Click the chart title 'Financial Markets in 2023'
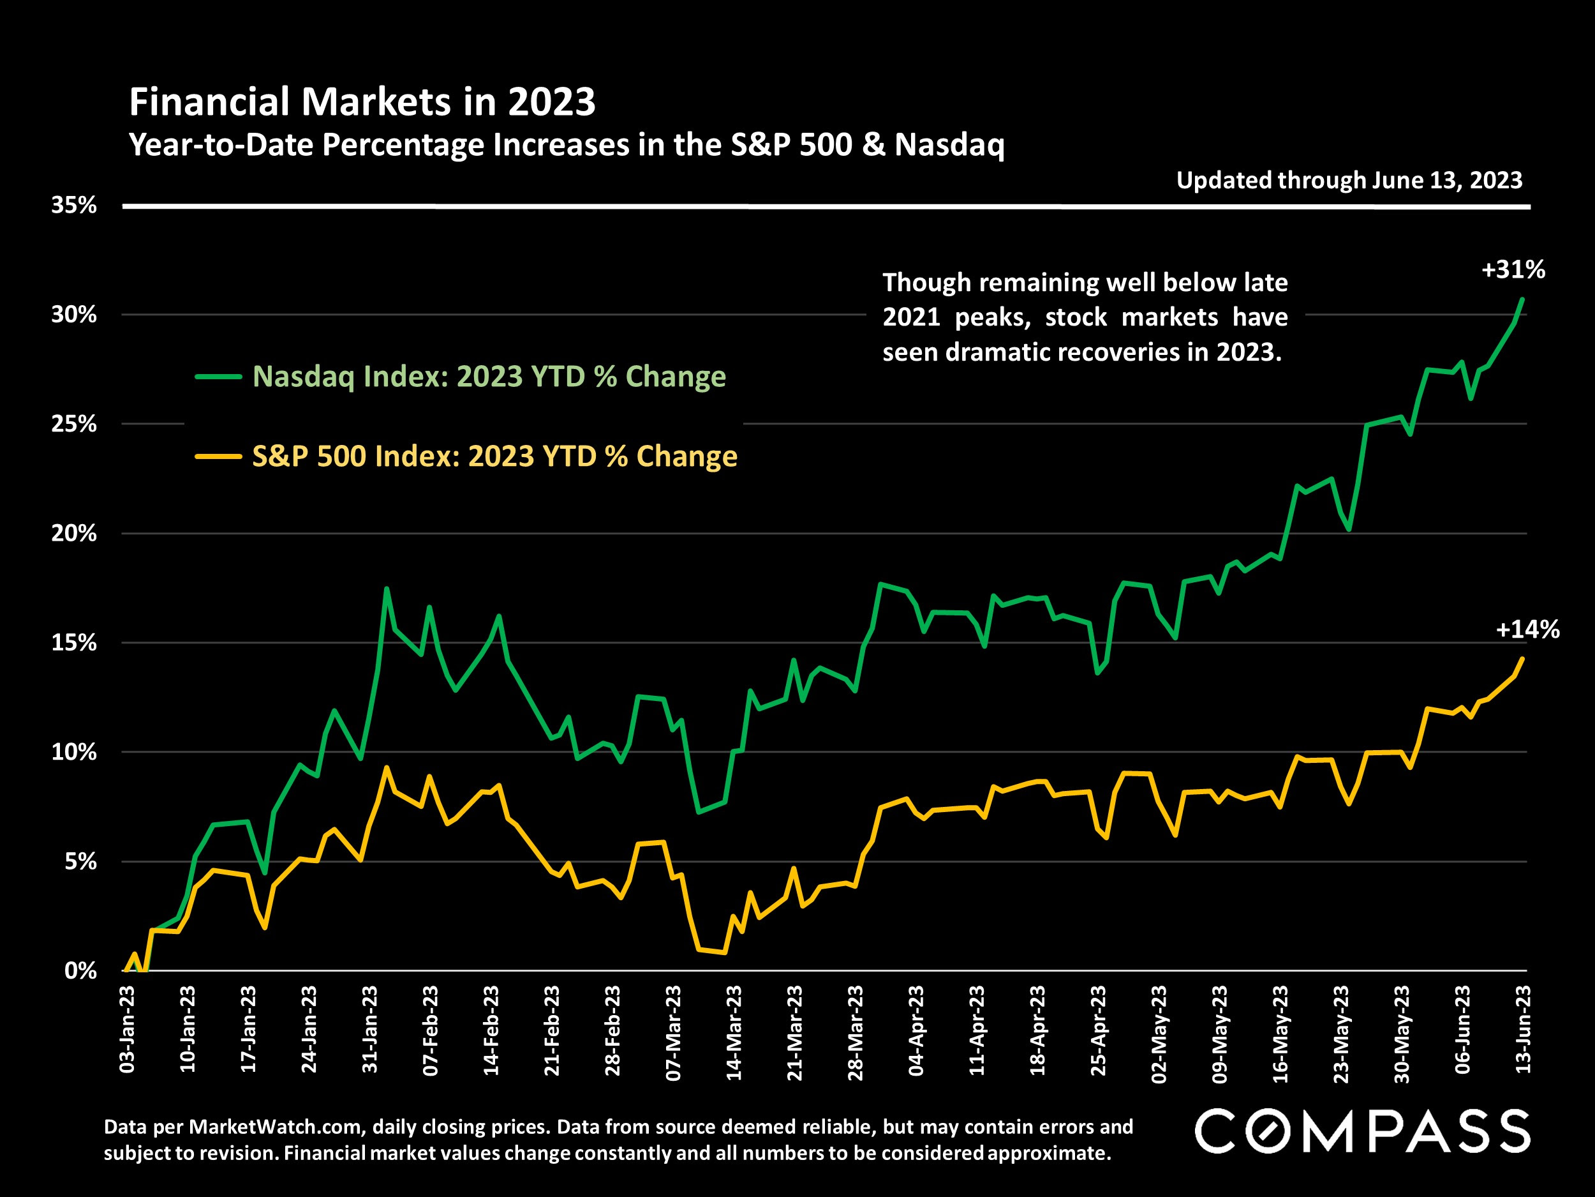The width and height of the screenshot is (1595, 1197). (x=362, y=102)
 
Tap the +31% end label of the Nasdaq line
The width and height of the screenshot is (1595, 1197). (x=1513, y=270)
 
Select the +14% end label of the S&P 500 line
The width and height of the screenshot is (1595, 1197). (x=1527, y=630)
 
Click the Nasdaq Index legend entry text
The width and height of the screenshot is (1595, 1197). (x=489, y=377)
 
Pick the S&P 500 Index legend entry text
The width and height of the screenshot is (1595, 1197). (x=494, y=456)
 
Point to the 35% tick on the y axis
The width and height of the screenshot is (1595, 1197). (x=73, y=206)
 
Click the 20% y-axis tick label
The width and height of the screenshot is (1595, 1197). (x=73, y=533)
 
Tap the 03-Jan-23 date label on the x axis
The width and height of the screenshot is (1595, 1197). (x=128, y=1030)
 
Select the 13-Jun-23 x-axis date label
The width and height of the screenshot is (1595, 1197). (x=1522, y=1030)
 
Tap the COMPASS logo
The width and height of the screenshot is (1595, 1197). (x=1362, y=1131)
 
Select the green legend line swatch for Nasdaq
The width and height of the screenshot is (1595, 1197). (x=218, y=377)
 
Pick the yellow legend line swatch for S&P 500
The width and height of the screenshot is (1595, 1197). (x=218, y=456)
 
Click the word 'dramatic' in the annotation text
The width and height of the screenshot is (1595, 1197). (x=997, y=352)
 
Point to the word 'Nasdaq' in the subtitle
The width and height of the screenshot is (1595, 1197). (x=949, y=145)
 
